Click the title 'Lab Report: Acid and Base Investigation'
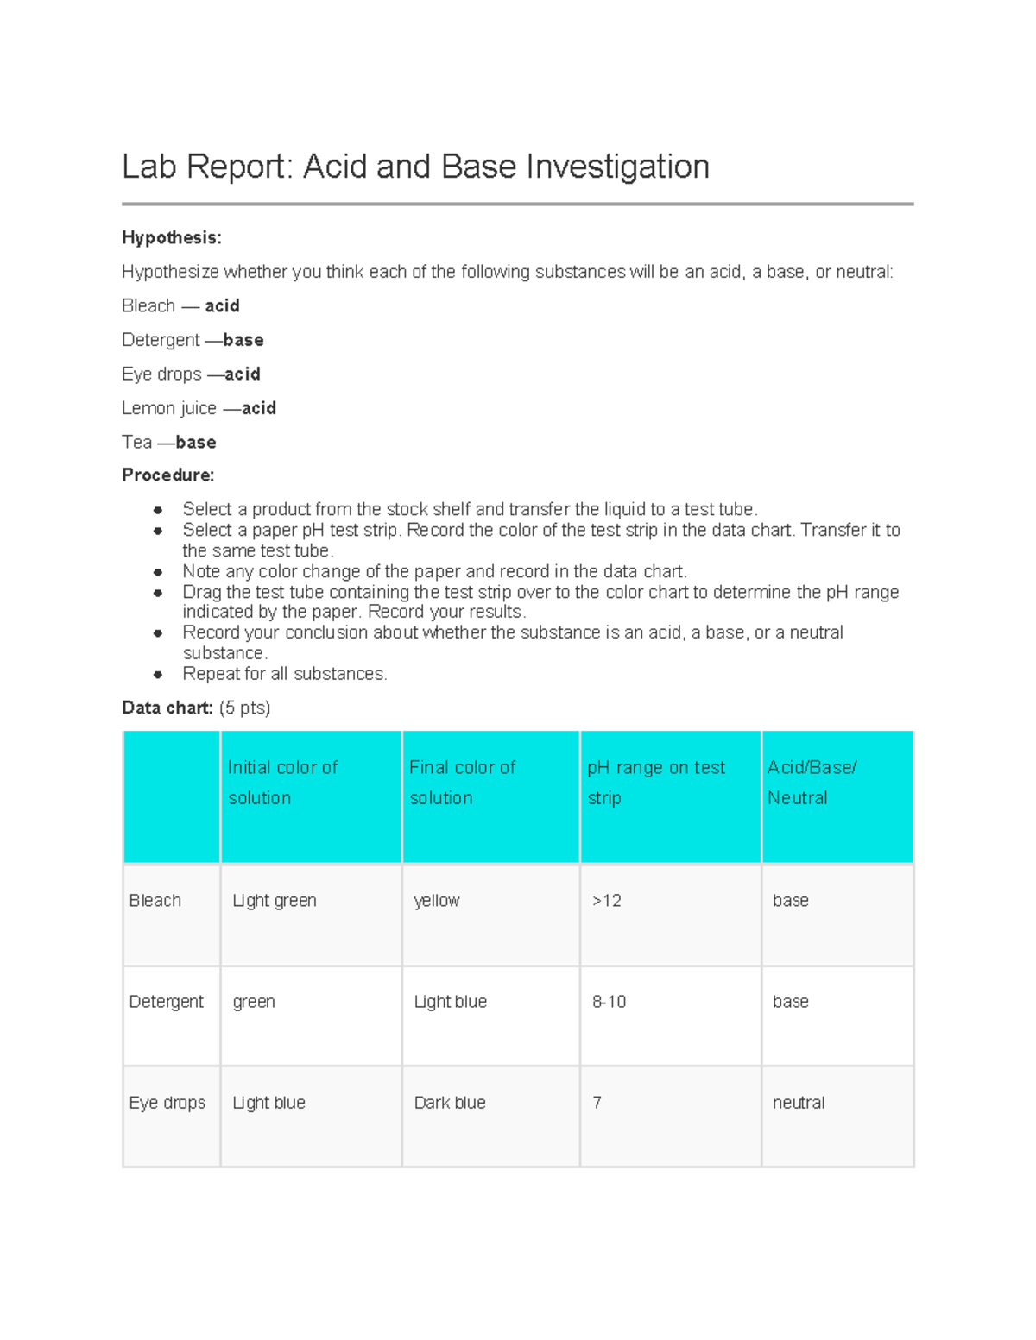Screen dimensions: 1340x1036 (x=415, y=167)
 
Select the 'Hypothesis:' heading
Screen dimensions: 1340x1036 (x=171, y=237)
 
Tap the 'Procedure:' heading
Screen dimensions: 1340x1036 (x=167, y=475)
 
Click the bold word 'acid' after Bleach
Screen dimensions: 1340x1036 (x=222, y=305)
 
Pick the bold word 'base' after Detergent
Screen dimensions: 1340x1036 (x=243, y=340)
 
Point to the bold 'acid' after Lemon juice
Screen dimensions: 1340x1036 (x=259, y=408)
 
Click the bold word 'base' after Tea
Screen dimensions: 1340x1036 (x=196, y=442)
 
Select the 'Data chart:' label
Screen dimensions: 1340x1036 (x=167, y=708)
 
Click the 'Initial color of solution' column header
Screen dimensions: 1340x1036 (x=282, y=783)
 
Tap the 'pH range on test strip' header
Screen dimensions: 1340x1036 (x=656, y=783)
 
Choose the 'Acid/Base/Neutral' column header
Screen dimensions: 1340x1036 (x=811, y=783)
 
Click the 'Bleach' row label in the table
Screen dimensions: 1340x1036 (x=155, y=900)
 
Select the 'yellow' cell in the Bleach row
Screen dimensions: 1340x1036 (x=437, y=900)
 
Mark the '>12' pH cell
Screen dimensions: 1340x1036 (x=607, y=900)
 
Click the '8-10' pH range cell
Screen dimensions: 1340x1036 (x=610, y=1001)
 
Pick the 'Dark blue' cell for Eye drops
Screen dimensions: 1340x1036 (x=450, y=1102)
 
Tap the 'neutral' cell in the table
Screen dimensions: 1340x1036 (x=799, y=1102)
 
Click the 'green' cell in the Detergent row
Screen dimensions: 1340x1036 (x=254, y=1001)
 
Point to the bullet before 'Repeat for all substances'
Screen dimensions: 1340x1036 (x=158, y=674)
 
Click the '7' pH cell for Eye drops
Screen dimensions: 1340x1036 (x=597, y=1102)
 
